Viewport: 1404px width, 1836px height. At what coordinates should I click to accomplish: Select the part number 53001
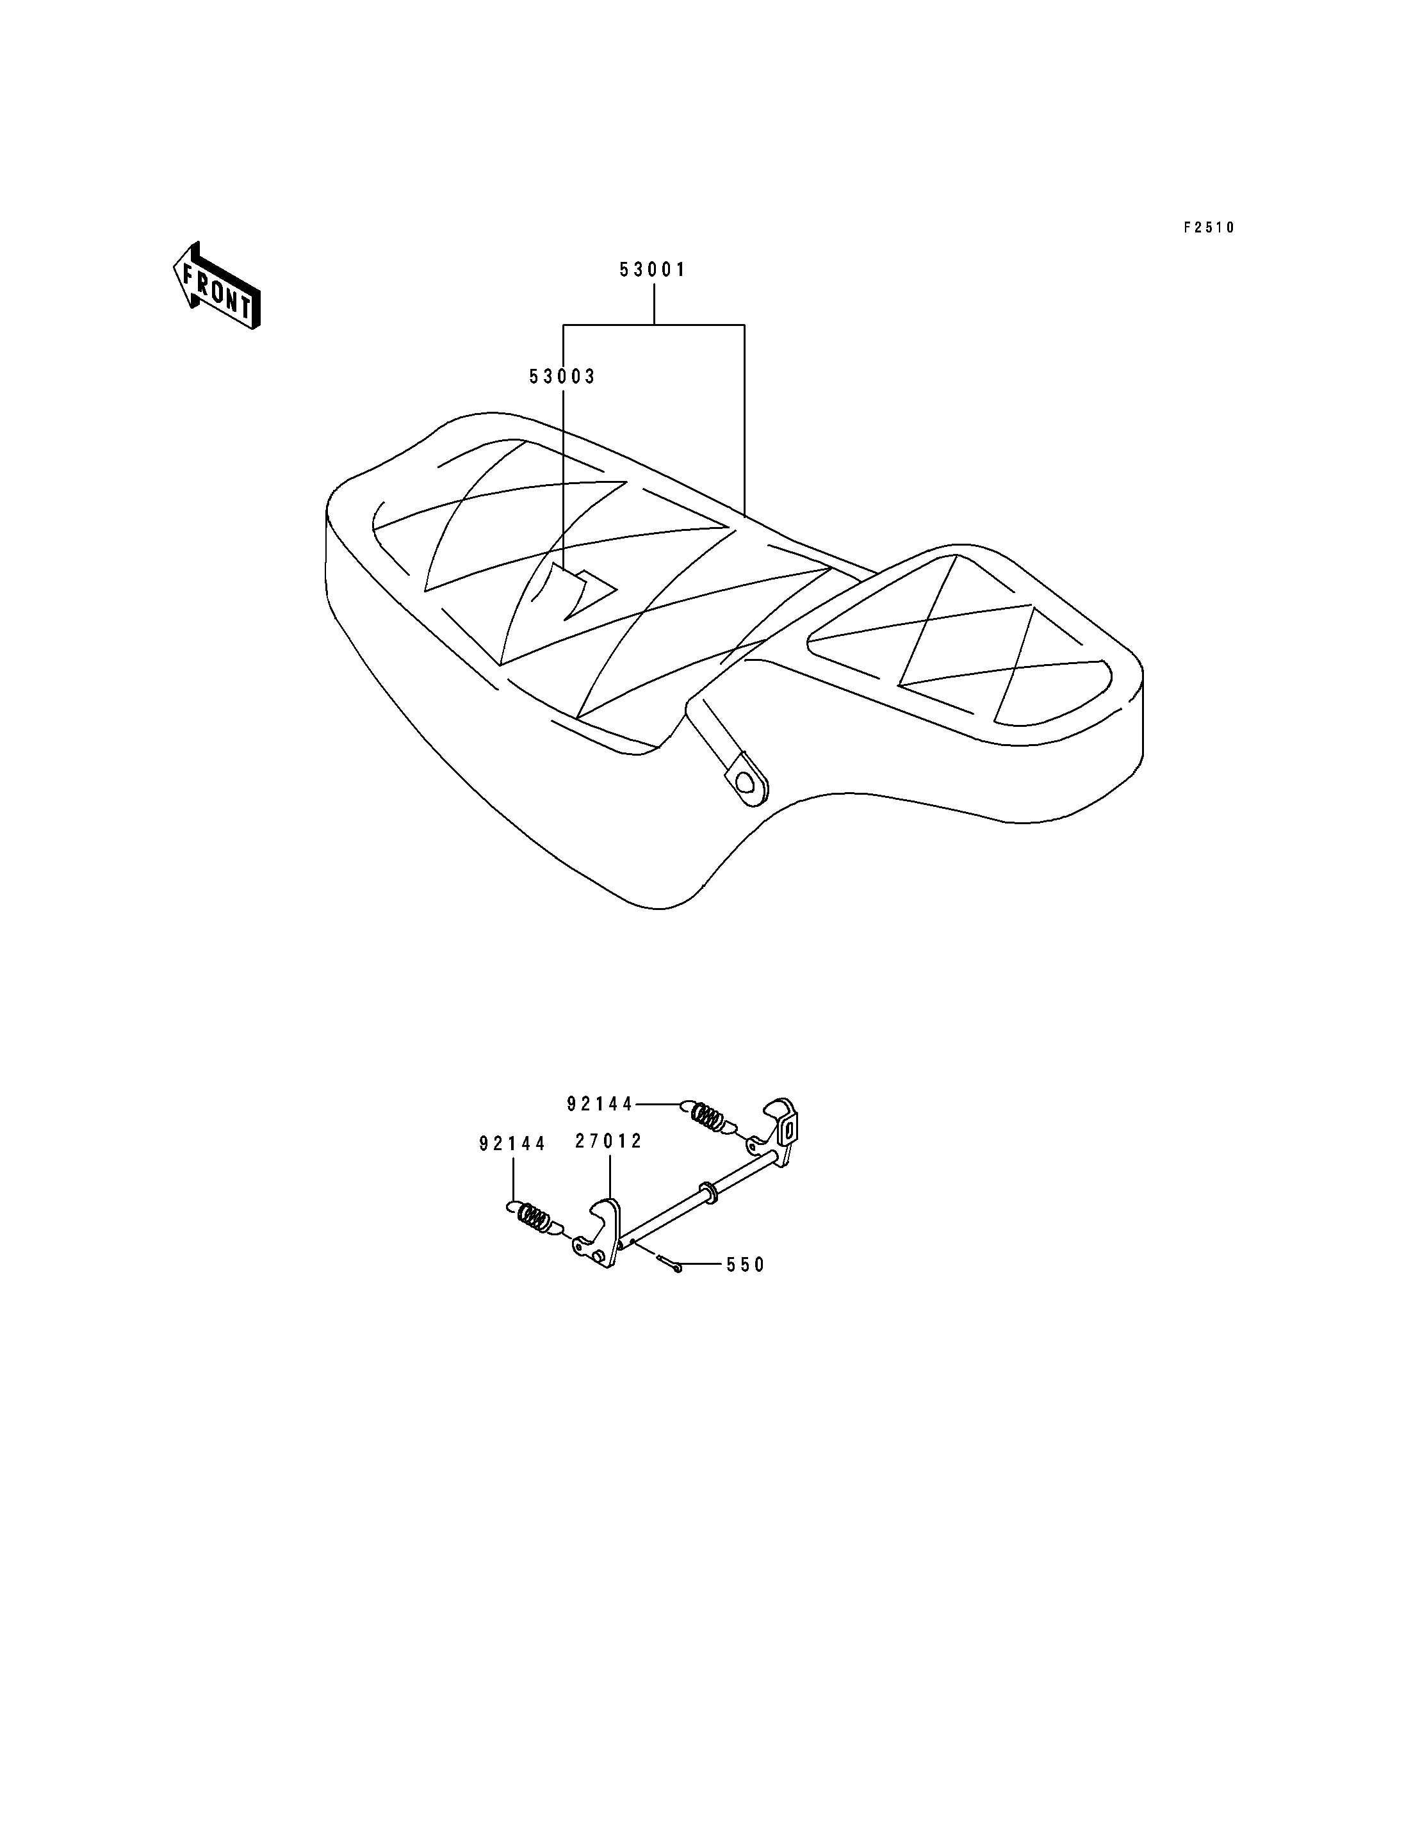(x=653, y=270)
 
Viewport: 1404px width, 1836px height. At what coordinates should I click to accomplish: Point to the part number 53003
(x=562, y=377)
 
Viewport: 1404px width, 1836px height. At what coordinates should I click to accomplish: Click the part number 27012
(x=608, y=1141)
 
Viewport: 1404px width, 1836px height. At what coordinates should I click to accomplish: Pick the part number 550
(x=746, y=1265)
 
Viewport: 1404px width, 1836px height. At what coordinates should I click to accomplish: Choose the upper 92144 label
(x=600, y=1104)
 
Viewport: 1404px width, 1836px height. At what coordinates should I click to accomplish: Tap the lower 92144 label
(x=512, y=1143)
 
